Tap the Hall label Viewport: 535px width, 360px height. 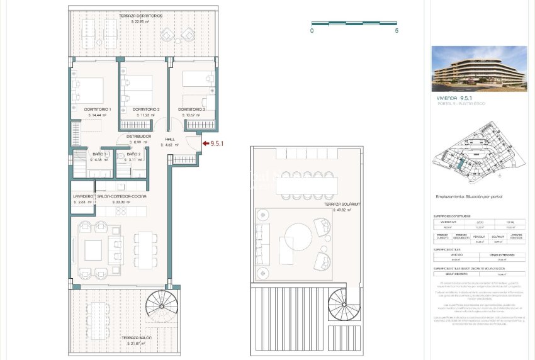pos(170,139)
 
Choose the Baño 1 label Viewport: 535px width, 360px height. pos(99,154)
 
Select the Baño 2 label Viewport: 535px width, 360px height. pos(133,154)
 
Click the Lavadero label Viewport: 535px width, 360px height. pos(82,196)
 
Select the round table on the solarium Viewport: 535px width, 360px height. pos(298,239)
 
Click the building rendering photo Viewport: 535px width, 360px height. pos(479,69)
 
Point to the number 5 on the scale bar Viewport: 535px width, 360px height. pos(397,30)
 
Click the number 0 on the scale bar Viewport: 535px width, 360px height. pos(312,30)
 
